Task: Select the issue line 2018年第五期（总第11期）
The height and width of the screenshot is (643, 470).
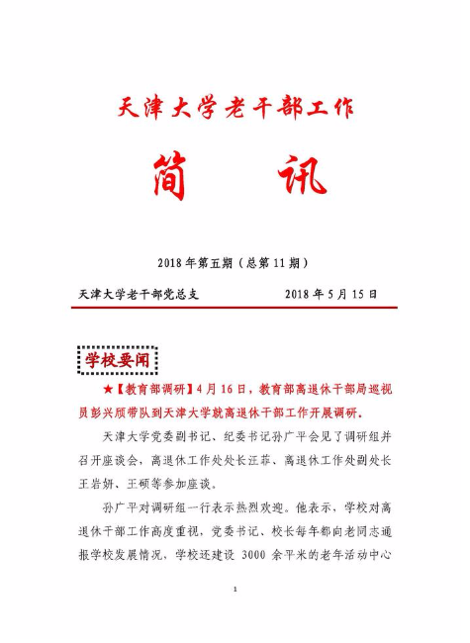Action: tap(235, 262)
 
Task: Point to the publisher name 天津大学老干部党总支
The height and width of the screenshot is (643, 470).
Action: tap(139, 294)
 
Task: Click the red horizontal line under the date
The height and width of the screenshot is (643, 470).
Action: tap(235, 309)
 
